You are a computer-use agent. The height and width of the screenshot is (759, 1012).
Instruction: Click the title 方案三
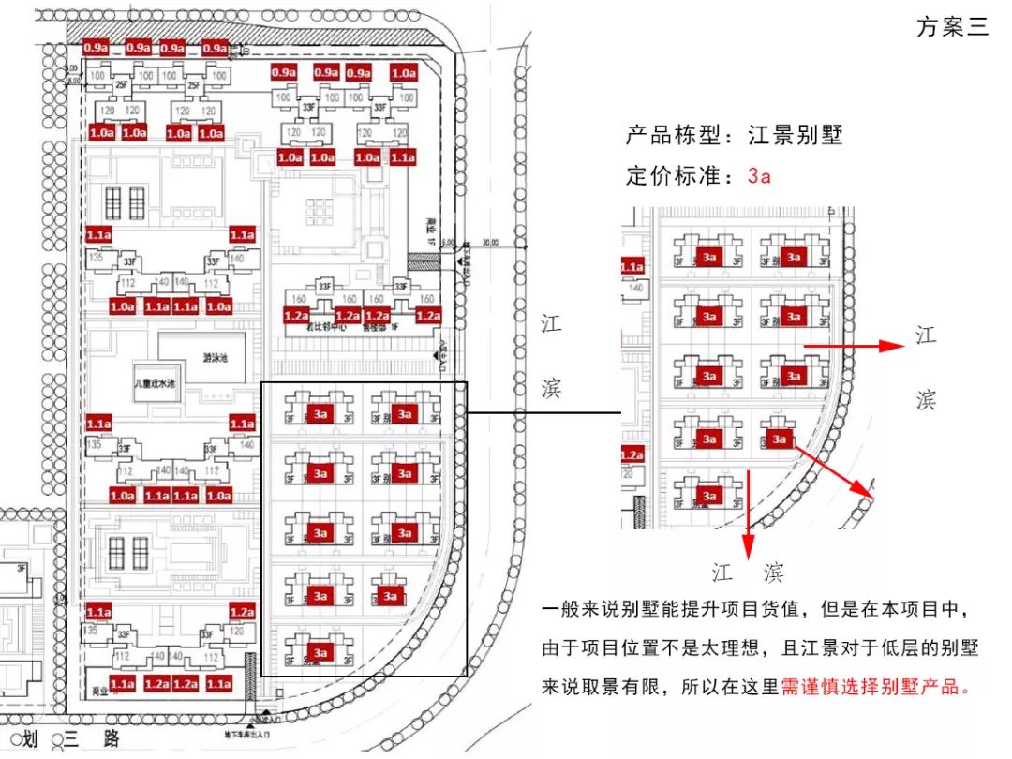tap(952, 26)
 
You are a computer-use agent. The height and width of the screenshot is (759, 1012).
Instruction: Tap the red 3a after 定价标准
tap(759, 176)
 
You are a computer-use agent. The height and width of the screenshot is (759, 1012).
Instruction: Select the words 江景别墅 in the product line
tap(795, 135)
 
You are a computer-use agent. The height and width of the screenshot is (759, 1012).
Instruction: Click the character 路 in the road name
tap(112, 739)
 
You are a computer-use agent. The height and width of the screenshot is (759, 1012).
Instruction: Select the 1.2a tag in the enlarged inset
tap(632, 455)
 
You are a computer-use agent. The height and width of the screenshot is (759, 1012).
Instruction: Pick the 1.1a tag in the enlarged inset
tap(632, 268)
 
